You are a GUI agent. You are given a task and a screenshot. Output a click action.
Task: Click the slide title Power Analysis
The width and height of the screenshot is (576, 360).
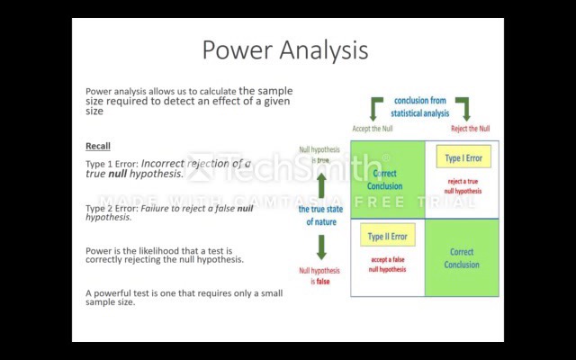(284, 49)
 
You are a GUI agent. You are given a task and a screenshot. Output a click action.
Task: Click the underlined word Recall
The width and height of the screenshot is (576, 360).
(98, 146)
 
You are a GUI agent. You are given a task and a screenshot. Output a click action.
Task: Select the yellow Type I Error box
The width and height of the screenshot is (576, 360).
(463, 158)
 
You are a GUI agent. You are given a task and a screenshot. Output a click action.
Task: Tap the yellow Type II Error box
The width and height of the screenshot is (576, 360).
(387, 237)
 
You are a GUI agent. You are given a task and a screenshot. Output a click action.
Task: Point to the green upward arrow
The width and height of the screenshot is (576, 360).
(321, 185)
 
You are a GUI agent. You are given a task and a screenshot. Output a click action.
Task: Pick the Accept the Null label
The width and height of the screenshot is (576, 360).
(372, 129)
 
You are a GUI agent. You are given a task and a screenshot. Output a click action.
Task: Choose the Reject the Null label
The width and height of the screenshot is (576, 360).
(470, 129)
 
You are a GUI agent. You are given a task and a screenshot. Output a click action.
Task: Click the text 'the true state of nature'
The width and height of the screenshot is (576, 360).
(321, 215)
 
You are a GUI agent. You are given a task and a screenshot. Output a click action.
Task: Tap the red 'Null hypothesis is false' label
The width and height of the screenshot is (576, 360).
(319, 275)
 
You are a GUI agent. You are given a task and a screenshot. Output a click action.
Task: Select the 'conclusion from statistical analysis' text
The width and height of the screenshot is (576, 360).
(419, 107)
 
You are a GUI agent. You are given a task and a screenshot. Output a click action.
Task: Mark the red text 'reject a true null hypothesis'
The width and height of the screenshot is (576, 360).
(464, 186)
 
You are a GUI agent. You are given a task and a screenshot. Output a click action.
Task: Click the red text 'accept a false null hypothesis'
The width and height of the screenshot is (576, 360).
(387, 265)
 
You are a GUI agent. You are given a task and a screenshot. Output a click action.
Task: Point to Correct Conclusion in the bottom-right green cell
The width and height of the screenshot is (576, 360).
(462, 258)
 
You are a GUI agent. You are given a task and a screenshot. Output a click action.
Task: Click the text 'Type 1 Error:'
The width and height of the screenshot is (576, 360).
(112, 164)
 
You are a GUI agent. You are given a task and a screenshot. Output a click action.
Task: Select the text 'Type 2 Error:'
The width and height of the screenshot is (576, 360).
(112, 208)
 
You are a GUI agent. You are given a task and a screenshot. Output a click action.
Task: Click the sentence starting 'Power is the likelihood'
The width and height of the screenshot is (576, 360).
(164, 255)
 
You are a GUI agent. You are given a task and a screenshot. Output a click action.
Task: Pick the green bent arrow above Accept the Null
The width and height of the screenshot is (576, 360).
(376, 108)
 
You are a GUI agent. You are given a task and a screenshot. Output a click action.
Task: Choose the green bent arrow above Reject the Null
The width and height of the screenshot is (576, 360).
(463, 108)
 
